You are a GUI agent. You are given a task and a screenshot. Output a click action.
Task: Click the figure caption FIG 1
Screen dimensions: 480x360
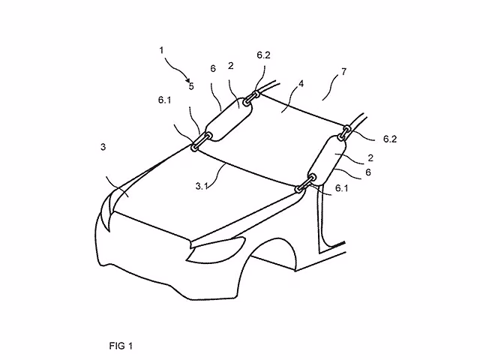coord(121,346)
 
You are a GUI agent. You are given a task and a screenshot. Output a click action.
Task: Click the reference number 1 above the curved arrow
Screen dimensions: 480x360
coord(162,50)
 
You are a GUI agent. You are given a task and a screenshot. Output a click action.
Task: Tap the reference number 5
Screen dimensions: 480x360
coord(191,86)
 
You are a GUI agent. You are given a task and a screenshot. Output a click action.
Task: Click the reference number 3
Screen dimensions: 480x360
coord(103,147)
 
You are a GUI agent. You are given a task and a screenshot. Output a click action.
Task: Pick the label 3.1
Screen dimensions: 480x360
coord(202,186)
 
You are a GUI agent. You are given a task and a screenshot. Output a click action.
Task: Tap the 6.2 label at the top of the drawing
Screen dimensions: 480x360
coord(263,55)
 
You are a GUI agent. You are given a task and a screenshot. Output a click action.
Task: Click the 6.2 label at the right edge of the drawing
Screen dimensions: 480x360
coord(390,139)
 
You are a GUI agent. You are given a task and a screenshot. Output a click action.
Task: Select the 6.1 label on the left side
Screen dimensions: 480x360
coord(165,100)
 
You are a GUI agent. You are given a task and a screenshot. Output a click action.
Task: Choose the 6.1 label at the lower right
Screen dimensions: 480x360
coord(342,188)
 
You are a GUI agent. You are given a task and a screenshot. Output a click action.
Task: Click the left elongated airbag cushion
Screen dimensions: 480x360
coord(229,119)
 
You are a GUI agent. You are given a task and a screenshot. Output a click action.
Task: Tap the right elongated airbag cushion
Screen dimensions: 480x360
coord(328,160)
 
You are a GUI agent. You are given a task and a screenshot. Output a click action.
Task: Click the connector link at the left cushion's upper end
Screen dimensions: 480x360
coord(252,98)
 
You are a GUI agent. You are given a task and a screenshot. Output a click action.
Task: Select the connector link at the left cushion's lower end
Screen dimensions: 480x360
coord(202,140)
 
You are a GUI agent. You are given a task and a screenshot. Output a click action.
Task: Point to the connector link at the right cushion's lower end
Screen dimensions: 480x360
coord(305,183)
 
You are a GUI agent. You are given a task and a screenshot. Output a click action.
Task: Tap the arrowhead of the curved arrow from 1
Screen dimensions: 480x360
coord(187,80)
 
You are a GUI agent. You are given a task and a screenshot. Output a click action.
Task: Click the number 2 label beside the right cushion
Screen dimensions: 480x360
coord(370,158)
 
